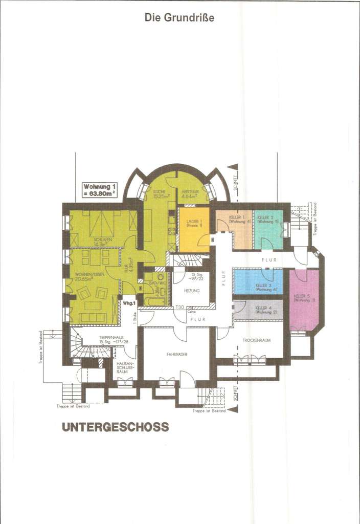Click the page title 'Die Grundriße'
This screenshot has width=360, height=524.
pos(179,18)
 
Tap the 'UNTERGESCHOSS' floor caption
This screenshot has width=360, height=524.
pos(115,427)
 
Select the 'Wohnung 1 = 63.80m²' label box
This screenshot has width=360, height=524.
pos(100,190)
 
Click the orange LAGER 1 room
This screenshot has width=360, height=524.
pos(194,229)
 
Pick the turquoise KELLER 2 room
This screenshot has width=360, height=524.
pos(268,228)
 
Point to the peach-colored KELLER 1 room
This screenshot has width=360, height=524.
pos(234,228)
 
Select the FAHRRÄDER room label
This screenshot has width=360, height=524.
pos(176,354)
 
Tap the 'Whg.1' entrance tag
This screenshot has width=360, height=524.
pos(129,303)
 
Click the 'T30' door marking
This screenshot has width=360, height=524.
pos(179,308)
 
